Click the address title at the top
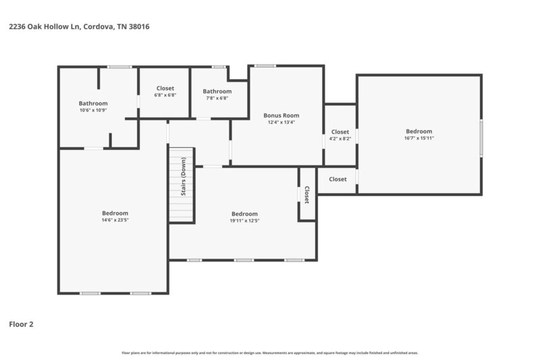tap(78, 27)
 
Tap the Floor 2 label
tap(21, 324)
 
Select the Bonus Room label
tap(281, 115)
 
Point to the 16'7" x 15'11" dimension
tap(418, 138)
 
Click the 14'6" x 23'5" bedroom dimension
tap(115, 220)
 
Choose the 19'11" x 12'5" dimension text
tap(244, 220)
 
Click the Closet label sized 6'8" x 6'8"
tap(165, 88)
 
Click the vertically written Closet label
tap(306, 195)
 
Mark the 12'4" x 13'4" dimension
tap(281, 122)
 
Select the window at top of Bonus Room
tap(265, 66)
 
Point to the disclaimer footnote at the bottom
tap(269, 353)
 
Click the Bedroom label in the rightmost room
tap(418, 131)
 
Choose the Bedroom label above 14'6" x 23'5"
tap(115, 213)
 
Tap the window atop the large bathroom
tap(119, 66)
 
